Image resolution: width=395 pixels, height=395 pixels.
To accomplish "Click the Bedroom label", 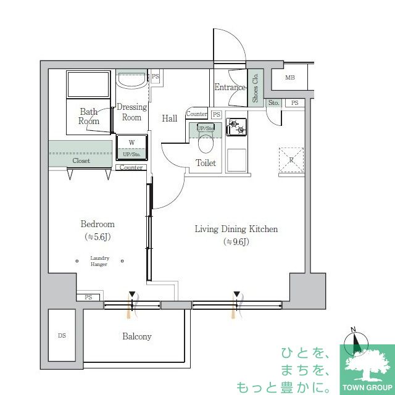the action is point(98,224).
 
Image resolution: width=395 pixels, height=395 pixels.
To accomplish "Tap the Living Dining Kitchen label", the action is point(236,229).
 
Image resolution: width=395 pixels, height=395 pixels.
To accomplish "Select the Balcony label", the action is point(137,336).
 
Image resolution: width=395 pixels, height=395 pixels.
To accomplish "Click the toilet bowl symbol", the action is point(206,144).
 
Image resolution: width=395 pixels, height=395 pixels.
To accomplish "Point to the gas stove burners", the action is point(236,127).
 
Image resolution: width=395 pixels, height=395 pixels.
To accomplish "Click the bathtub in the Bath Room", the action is point(88,84).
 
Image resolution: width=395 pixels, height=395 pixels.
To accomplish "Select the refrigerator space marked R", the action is point(291,160).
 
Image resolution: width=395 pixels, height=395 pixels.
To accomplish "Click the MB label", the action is point(289,78).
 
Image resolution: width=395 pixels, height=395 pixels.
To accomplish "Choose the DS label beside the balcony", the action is point(62,336).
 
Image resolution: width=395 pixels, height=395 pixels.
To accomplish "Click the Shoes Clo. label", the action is point(255,88).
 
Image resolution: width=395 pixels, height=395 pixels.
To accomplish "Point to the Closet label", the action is point(81,160).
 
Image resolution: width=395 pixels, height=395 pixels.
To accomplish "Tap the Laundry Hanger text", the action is point(99,261).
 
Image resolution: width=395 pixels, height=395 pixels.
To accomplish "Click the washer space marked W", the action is point(131,143).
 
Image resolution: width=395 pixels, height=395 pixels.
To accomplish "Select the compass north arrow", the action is point(355,341).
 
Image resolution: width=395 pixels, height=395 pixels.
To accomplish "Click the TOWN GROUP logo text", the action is point(367,388).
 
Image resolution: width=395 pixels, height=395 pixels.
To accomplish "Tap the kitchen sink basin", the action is point(236,160).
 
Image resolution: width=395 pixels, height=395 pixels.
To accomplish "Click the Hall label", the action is point(169,118).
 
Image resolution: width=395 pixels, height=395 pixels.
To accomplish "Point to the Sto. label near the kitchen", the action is point(273,103).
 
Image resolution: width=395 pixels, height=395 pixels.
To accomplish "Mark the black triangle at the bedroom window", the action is point(132,294).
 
